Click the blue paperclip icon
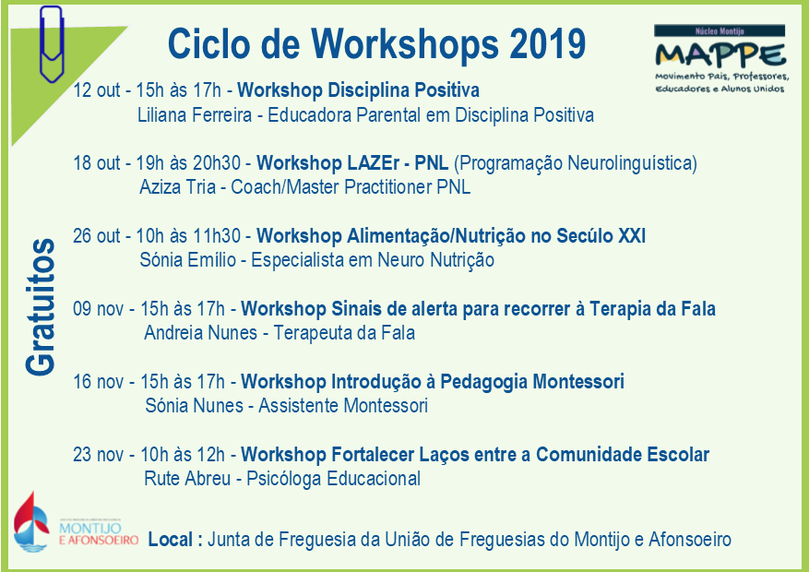[x=52, y=44]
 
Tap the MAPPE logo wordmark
[x=720, y=54]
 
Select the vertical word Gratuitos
[x=41, y=307]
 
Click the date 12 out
[x=97, y=90]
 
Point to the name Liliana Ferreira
[x=195, y=115]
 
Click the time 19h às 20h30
[x=188, y=163]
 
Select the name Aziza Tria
[x=177, y=187]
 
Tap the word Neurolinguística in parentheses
[x=629, y=163]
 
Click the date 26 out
[x=97, y=236]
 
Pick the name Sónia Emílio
[x=188, y=260]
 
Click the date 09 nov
[x=98, y=309]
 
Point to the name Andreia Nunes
[x=201, y=333]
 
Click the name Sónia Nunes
[x=195, y=406]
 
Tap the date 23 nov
[x=98, y=455]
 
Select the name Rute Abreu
[x=187, y=479]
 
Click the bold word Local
[x=171, y=540]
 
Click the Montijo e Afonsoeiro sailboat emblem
[x=31, y=522]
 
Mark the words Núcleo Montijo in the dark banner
[x=720, y=31]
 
